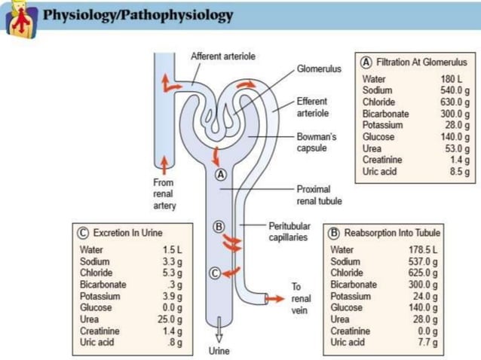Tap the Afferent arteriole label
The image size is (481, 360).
coord(222,56)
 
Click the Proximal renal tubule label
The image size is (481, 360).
coord(319,195)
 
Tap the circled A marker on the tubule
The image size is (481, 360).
coord(221,174)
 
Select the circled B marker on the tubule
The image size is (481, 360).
coord(219,226)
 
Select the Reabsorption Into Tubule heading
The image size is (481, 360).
coord(386,233)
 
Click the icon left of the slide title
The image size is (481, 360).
coord(20,20)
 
